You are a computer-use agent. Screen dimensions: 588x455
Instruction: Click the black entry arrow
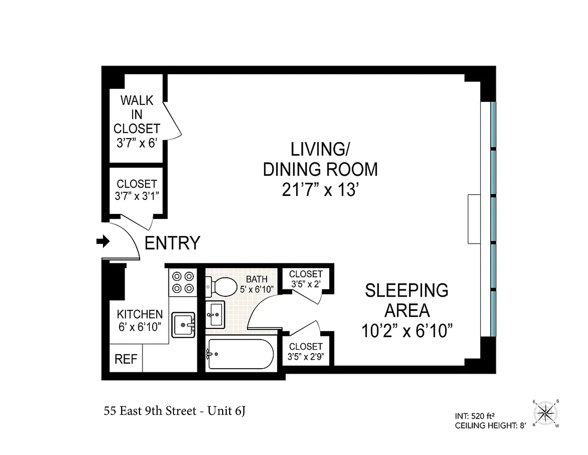(x=103, y=241)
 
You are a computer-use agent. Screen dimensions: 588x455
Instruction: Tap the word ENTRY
(x=172, y=243)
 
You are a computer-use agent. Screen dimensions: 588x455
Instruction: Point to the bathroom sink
(x=215, y=315)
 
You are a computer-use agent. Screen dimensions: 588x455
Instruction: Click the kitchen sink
(x=183, y=325)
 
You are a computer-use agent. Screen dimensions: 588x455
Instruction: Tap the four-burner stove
(x=183, y=282)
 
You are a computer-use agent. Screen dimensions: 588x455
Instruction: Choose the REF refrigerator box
(x=126, y=359)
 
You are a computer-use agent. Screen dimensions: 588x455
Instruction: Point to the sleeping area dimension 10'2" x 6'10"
(x=407, y=331)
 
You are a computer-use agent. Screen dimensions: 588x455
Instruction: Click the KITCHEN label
(x=140, y=314)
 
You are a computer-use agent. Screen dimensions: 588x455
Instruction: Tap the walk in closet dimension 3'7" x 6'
(x=137, y=143)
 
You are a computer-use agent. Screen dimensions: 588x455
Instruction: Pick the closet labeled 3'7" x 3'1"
(x=137, y=190)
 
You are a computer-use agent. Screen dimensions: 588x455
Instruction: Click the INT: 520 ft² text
(x=475, y=416)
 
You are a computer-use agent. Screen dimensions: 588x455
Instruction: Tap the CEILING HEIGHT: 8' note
(x=490, y=425)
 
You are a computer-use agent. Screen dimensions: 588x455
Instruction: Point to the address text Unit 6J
(x=226, y=411)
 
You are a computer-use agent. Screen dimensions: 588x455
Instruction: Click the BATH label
(x=256, y=279)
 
